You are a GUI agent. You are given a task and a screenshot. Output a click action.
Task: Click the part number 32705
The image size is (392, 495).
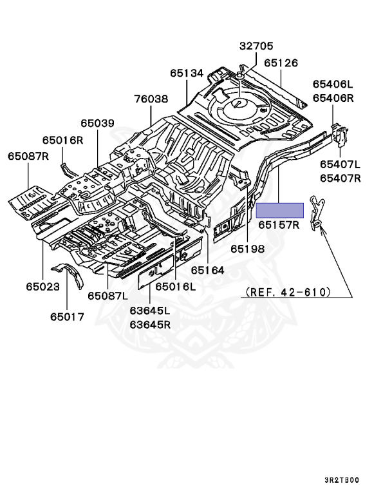(256, 46)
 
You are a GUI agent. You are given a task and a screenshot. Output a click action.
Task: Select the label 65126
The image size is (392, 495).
(281, 63)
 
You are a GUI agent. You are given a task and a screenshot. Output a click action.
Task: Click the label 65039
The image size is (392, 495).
(97, 123)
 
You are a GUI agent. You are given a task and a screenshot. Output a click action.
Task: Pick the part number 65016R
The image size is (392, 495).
(63, 140)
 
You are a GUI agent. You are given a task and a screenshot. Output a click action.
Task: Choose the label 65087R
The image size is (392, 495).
(28, 156)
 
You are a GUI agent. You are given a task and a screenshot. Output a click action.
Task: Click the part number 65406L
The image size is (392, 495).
(333, 84)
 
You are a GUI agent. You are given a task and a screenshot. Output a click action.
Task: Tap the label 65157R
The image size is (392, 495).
(279, 225)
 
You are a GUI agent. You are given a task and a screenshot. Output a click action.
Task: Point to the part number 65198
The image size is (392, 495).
(248, 247)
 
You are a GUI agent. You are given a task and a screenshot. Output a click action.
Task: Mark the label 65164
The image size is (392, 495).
(207, 271)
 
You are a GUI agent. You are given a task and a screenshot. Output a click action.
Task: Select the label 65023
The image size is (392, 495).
(42, 286)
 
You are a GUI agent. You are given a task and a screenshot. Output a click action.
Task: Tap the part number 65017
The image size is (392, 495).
(67, 316)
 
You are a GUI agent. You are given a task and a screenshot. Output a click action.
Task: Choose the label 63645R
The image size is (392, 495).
(150, 324)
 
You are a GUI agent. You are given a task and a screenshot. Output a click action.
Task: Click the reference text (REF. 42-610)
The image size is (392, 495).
(288, 292)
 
